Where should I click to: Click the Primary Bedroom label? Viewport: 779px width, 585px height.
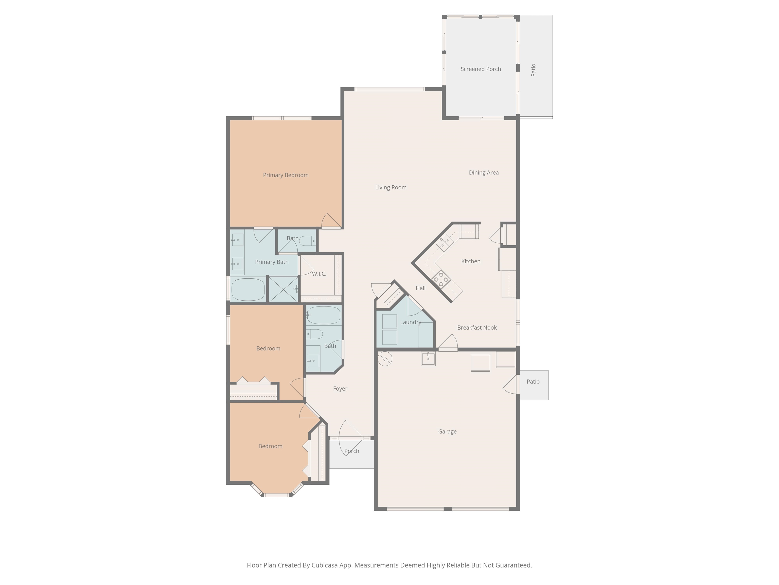[x=286, y=175]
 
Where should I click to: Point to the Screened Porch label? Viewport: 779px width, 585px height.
[x=481, y=69]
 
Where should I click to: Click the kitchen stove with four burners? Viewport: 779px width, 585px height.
[x=441, y=280]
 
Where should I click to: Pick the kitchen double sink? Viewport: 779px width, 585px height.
[x=445, y=242]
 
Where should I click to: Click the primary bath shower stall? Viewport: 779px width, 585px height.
[x=284, y=289]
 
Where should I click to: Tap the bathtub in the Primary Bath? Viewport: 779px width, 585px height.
[x=248, y=289]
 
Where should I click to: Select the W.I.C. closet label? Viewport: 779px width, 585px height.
[x=319, y=274]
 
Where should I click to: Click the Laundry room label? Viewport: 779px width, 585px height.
[x=411, y=322]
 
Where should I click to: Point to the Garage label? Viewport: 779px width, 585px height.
[x=447, y=432]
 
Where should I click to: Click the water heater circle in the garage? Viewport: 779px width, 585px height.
[x=385, y=359]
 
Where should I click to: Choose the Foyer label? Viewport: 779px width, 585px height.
[x=340, y=388]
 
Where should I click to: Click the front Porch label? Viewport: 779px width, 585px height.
[x=352, y=451]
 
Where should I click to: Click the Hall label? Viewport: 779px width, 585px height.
[x=420, y=288]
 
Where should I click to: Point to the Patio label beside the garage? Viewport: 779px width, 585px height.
[x=533, y=382]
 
